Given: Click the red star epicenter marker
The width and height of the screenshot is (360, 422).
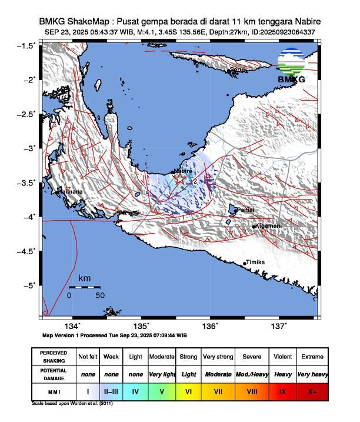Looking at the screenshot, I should tap(180, 180).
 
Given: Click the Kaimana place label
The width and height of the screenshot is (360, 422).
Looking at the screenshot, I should tap(71, 191).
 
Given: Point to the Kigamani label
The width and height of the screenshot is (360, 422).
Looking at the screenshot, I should tap(268, 226).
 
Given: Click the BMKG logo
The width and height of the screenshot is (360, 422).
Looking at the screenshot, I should tap(291, 68).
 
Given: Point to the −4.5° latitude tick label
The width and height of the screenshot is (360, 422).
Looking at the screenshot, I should tap(27, 251).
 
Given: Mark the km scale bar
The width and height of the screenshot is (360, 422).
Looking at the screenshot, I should tap(84, 287).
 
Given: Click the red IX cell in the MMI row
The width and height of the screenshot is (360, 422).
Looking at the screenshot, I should tap(283, 390).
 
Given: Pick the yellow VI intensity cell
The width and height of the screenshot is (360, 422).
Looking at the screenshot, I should tap(188, 390).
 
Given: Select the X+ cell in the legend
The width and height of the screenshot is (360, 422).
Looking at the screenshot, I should tap(312, 390).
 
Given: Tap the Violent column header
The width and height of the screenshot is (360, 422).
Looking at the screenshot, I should tap(283, 357).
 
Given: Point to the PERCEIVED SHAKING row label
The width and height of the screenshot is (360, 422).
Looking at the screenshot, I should tap(54, 357).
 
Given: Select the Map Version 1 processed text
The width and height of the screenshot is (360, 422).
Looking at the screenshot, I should tap(115, 335).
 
